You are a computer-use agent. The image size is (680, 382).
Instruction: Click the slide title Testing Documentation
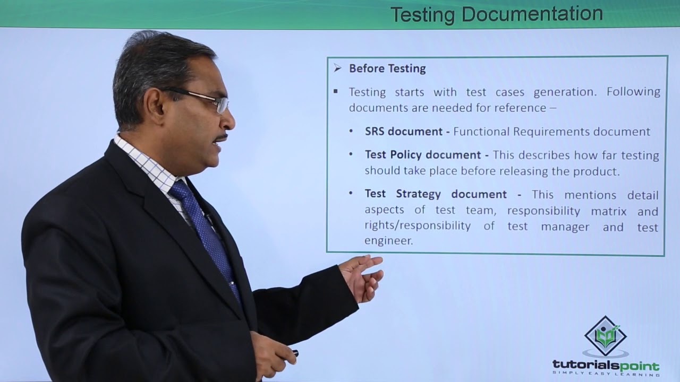pos(496,14)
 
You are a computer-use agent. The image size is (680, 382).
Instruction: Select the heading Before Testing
pos(387,68)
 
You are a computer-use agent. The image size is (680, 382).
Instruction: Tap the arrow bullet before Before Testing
pos(337,68)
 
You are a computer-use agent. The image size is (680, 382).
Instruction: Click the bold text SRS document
pos(404,132)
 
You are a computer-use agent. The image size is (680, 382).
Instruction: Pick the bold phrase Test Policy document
pos(422,155)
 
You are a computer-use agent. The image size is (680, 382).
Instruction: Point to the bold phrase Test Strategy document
pos(436,194)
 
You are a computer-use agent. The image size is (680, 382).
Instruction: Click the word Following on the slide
pos(633,92)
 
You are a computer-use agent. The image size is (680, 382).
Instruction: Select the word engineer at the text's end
pos(388,241)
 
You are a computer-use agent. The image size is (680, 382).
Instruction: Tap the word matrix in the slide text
pos(609,211)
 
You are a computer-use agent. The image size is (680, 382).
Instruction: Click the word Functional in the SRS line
pos(481,132)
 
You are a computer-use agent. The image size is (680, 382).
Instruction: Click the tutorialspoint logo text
pos(606,366)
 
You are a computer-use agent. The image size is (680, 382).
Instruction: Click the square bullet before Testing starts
pos(336,91)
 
